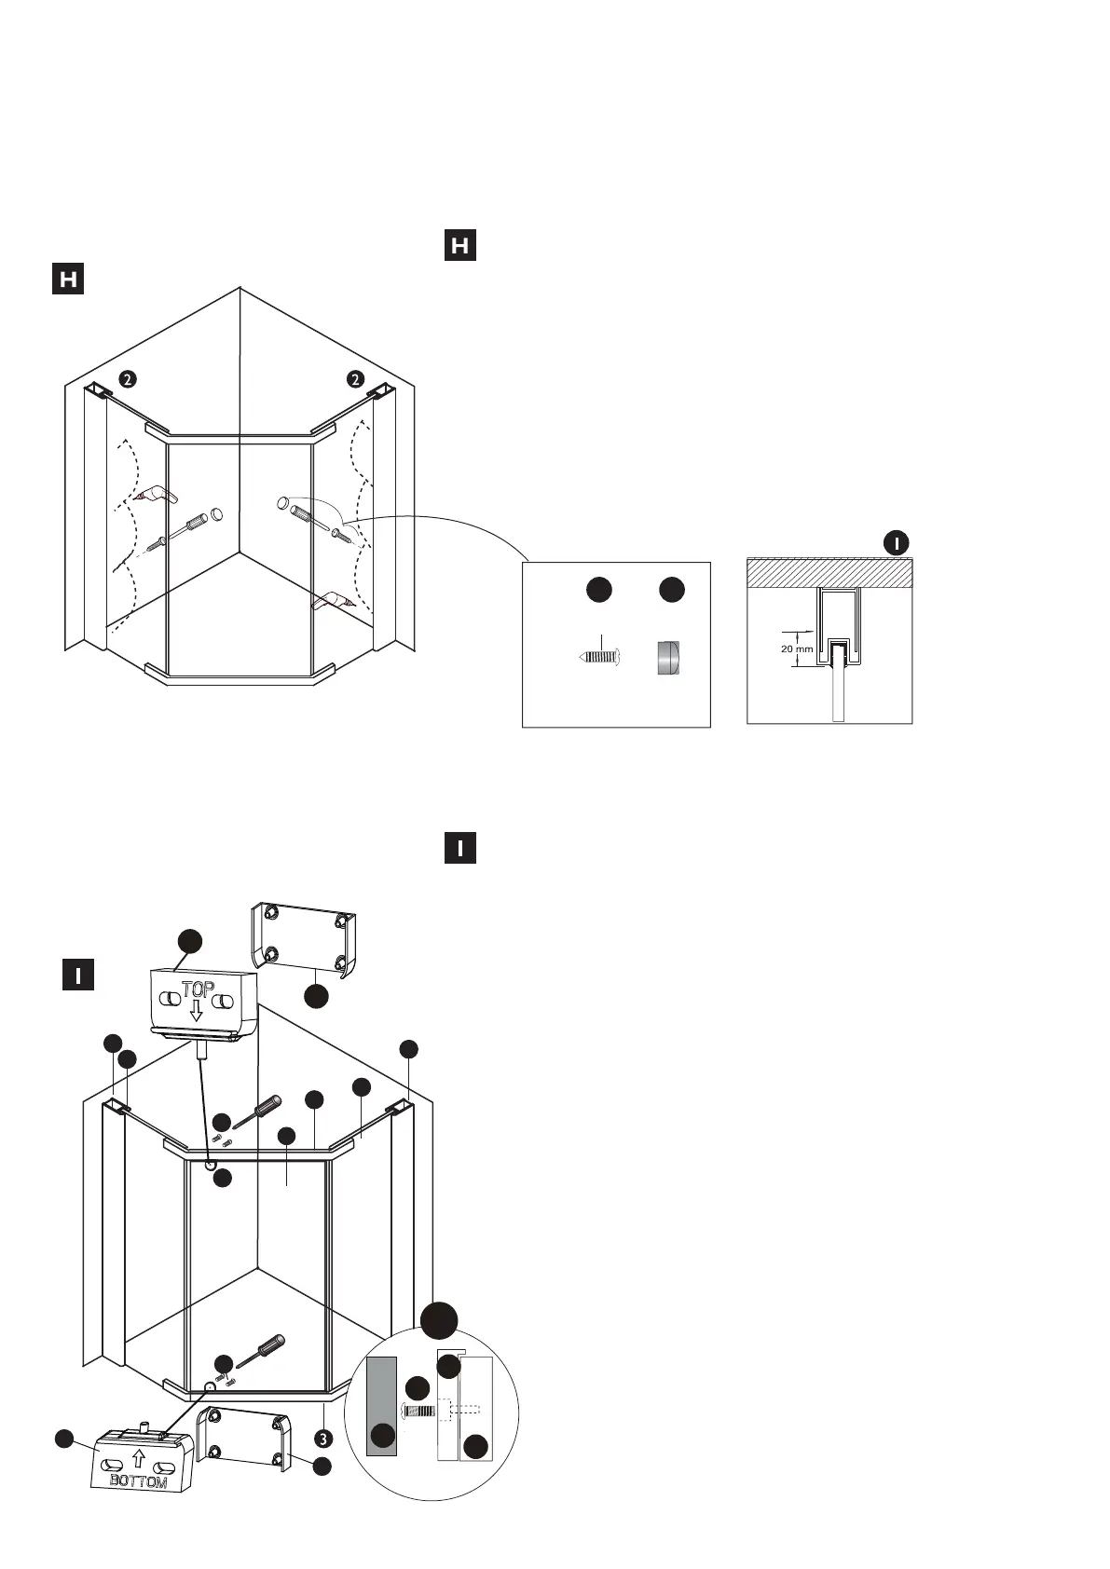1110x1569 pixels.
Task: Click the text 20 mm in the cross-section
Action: pyautogui.click(x=798, y=648)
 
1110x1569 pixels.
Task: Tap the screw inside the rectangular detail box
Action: pyautogui.click(x=599, y=656)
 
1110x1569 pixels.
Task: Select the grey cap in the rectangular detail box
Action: pyautogui.click(x=667, y=657)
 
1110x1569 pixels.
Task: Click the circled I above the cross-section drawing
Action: pyautogui.click(x=896, y=542)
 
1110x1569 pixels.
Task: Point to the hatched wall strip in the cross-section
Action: pyautogui.click(x=829, y=572)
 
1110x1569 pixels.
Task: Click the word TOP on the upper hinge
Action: pyautogui.click(x=198, y=990)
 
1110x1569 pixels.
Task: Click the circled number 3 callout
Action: pyautogui.click(x=322, y=1438)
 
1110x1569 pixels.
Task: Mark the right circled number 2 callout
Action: pyautogui.click(x=354, y=378)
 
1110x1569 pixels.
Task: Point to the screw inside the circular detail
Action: pyautogui.click(x=421, y=1411)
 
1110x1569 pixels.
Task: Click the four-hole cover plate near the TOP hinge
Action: pyautogui.click(x=305, y=938)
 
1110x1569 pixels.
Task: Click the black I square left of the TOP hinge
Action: pyautogui.click(x=78, y=976)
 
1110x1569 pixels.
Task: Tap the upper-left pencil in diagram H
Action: pyautogui.click(x=155, y=493)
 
